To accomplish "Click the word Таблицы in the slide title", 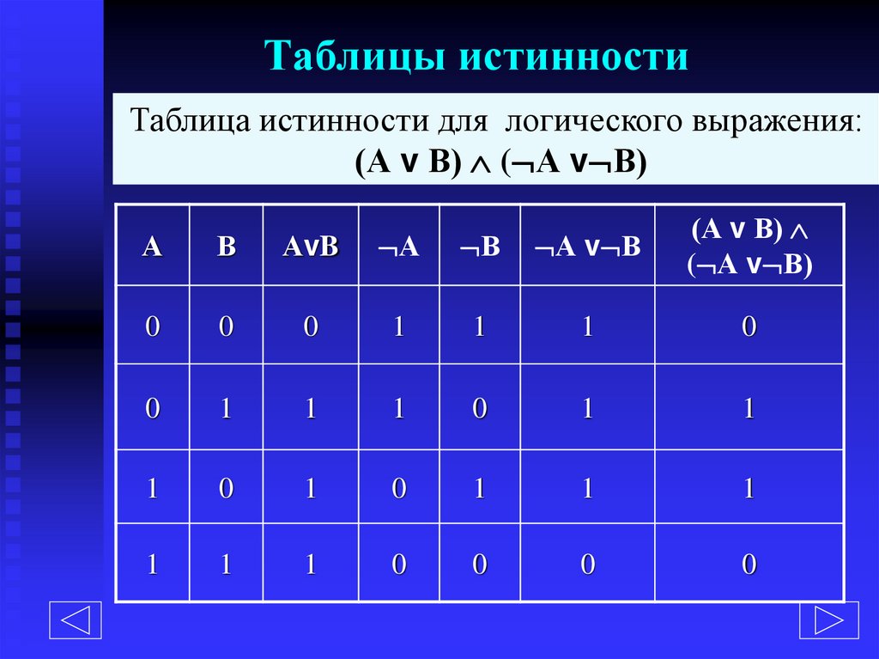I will (x=360, y=56).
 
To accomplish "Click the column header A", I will (x=152, y=247).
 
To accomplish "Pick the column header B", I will (x=226, y=247).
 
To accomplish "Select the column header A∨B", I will (x=311, y=247).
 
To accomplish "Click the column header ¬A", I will (x=397, y=247).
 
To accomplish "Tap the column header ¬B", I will (x=480, y=247).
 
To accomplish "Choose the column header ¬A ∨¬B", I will (x=588, y=247).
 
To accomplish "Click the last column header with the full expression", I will (x=749, y=247).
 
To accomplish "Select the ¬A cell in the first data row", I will (x=397, y=327).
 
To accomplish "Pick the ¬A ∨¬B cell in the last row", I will (x=588, y=564).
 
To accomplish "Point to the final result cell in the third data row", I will (x=749, y=489).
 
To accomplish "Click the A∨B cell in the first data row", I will (x=311, y=327).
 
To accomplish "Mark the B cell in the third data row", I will (x=226, y=489).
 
